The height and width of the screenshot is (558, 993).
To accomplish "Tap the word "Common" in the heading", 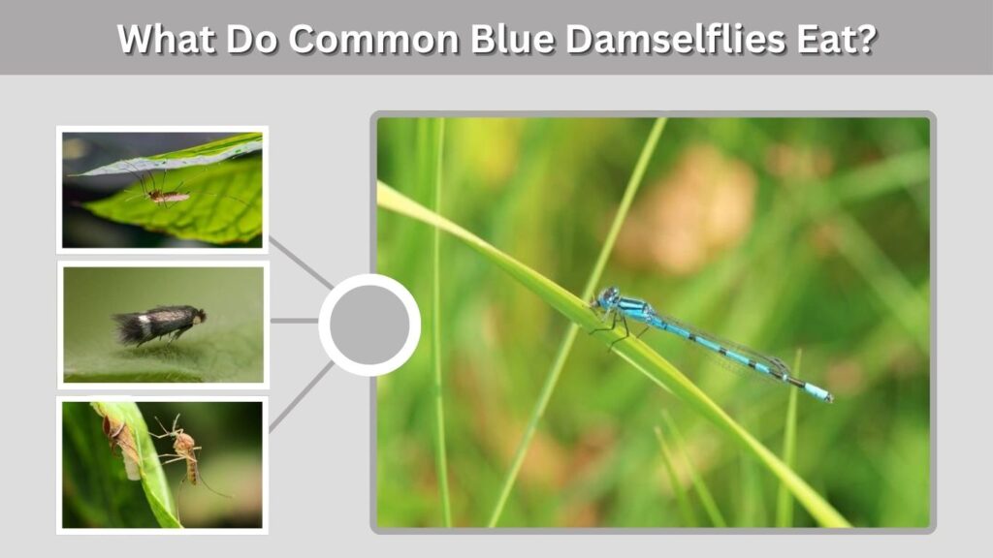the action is click(x=374, y=39).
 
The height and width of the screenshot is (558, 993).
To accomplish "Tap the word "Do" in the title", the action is click(x=252, y=39).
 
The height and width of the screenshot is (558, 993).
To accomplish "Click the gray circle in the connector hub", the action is click(x=369, y=325).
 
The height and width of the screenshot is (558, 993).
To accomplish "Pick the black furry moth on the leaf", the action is click(x=159, y=325).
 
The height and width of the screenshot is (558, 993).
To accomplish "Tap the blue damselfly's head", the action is click(x=607, y=297).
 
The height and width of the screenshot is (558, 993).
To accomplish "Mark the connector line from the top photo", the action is click(x=302, y=263).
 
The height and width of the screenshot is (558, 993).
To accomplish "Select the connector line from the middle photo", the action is click(x=295, y=321).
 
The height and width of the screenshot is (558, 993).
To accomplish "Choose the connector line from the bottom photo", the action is click(x=302, y=396).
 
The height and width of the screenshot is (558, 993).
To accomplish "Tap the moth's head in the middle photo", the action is click(x=199, y=315).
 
